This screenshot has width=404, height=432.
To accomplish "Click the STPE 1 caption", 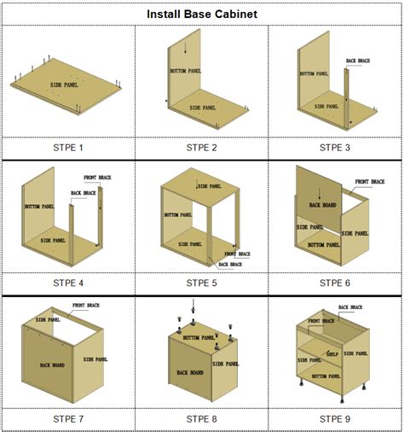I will [x=68, y=148].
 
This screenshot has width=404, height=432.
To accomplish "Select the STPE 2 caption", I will [x=202, y=148].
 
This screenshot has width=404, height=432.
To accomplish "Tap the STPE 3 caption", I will [x=335, y=148].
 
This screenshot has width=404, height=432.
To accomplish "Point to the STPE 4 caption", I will [x=68, y=283].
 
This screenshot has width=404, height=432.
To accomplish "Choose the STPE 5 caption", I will [x=202, y=283].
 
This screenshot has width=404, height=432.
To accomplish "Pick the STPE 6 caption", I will [x=335, y=283].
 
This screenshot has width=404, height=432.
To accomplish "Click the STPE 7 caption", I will [x=68, y=418].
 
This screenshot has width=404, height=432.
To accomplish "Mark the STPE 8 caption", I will [x=202, y=418].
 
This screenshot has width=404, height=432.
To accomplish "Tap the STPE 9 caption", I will [x=335, y=418].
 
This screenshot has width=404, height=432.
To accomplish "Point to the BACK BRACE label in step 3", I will [x=358, y=61].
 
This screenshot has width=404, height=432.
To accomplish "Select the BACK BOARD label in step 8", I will [x=190, y=372].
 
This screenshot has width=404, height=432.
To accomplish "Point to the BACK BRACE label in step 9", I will [x=350, y=306].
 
